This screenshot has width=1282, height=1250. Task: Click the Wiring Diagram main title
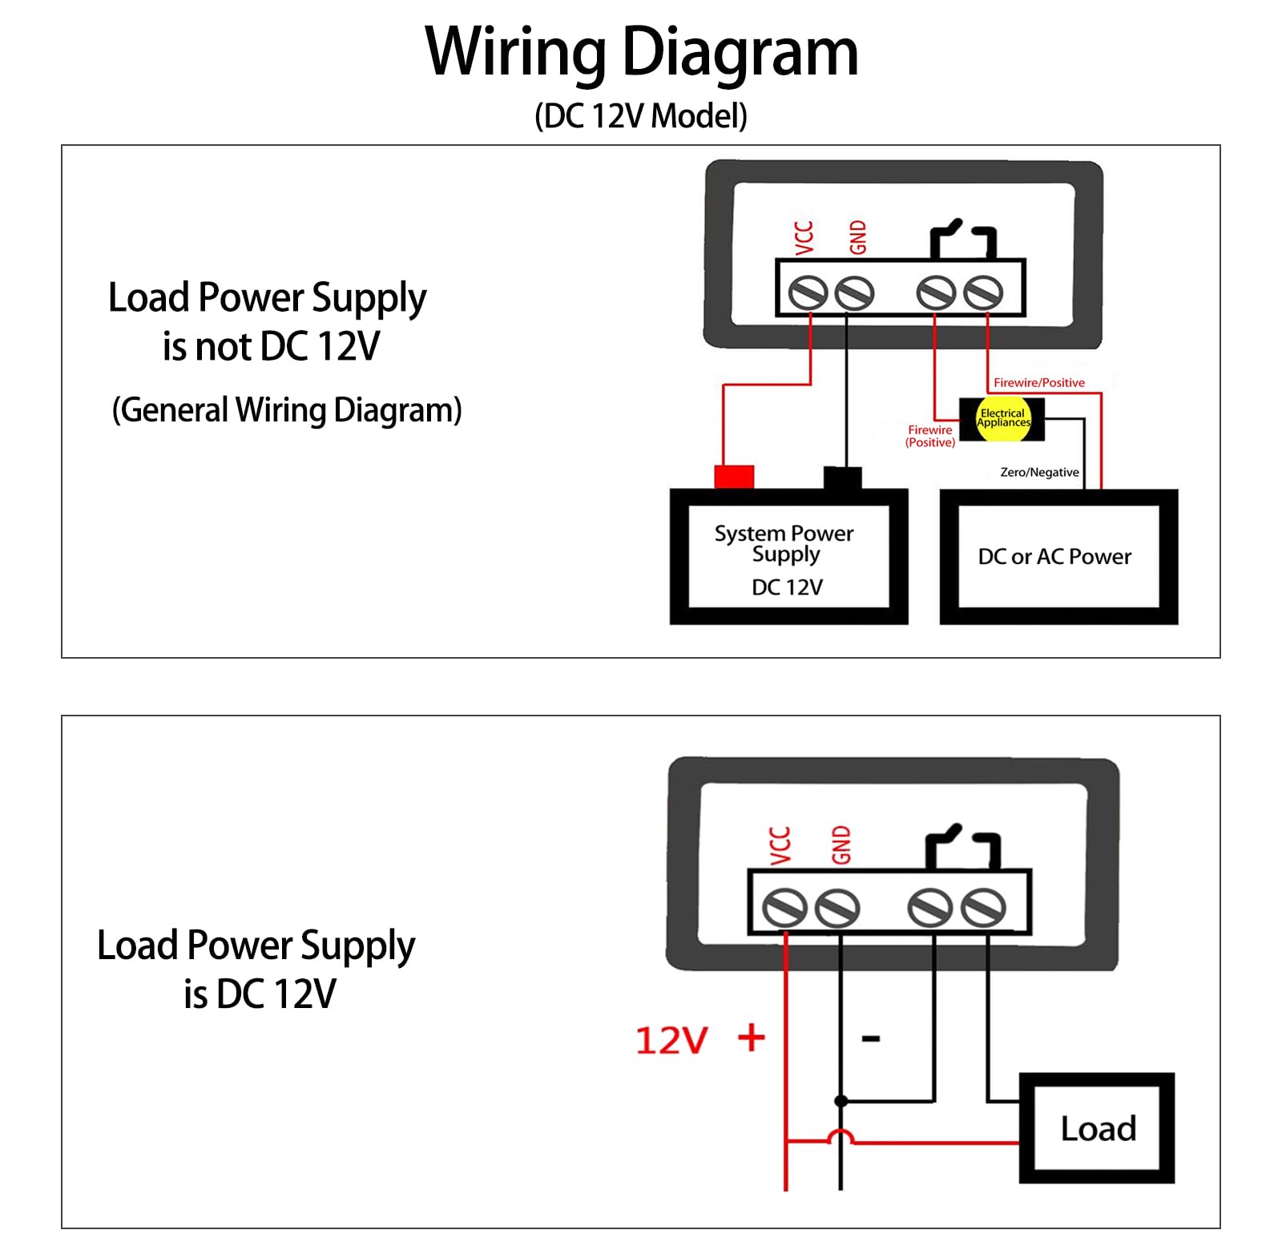pos(641,52)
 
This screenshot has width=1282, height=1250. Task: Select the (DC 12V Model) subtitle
pos(641,116)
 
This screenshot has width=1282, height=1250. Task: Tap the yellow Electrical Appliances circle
pos(1003,418)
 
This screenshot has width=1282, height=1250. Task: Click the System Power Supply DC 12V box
pos(788,558)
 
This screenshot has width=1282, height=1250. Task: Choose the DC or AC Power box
pos(1058,558)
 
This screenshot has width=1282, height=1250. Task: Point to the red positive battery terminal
pos(734,476)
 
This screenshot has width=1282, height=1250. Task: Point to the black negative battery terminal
pos(843,477)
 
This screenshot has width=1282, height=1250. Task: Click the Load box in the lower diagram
pos(1097,1128)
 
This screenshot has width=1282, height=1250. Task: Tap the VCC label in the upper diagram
pos(804,237)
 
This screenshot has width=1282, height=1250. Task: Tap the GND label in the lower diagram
pos(841,845)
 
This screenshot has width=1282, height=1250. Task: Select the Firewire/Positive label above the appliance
pos(1038,383)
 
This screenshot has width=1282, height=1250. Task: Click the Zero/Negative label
pos(1039,473)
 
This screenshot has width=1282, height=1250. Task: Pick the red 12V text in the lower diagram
pos(671,1041)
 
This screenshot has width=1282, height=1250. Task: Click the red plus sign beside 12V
pos(752,1038)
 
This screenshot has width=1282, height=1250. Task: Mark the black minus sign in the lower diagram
pos(871,1039)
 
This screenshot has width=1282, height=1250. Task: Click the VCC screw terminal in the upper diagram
pos(808,293)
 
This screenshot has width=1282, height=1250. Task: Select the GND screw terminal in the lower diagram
pos(837,909)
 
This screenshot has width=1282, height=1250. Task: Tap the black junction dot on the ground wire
pos(841,1101)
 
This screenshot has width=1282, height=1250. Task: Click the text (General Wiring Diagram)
pos(287,410)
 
